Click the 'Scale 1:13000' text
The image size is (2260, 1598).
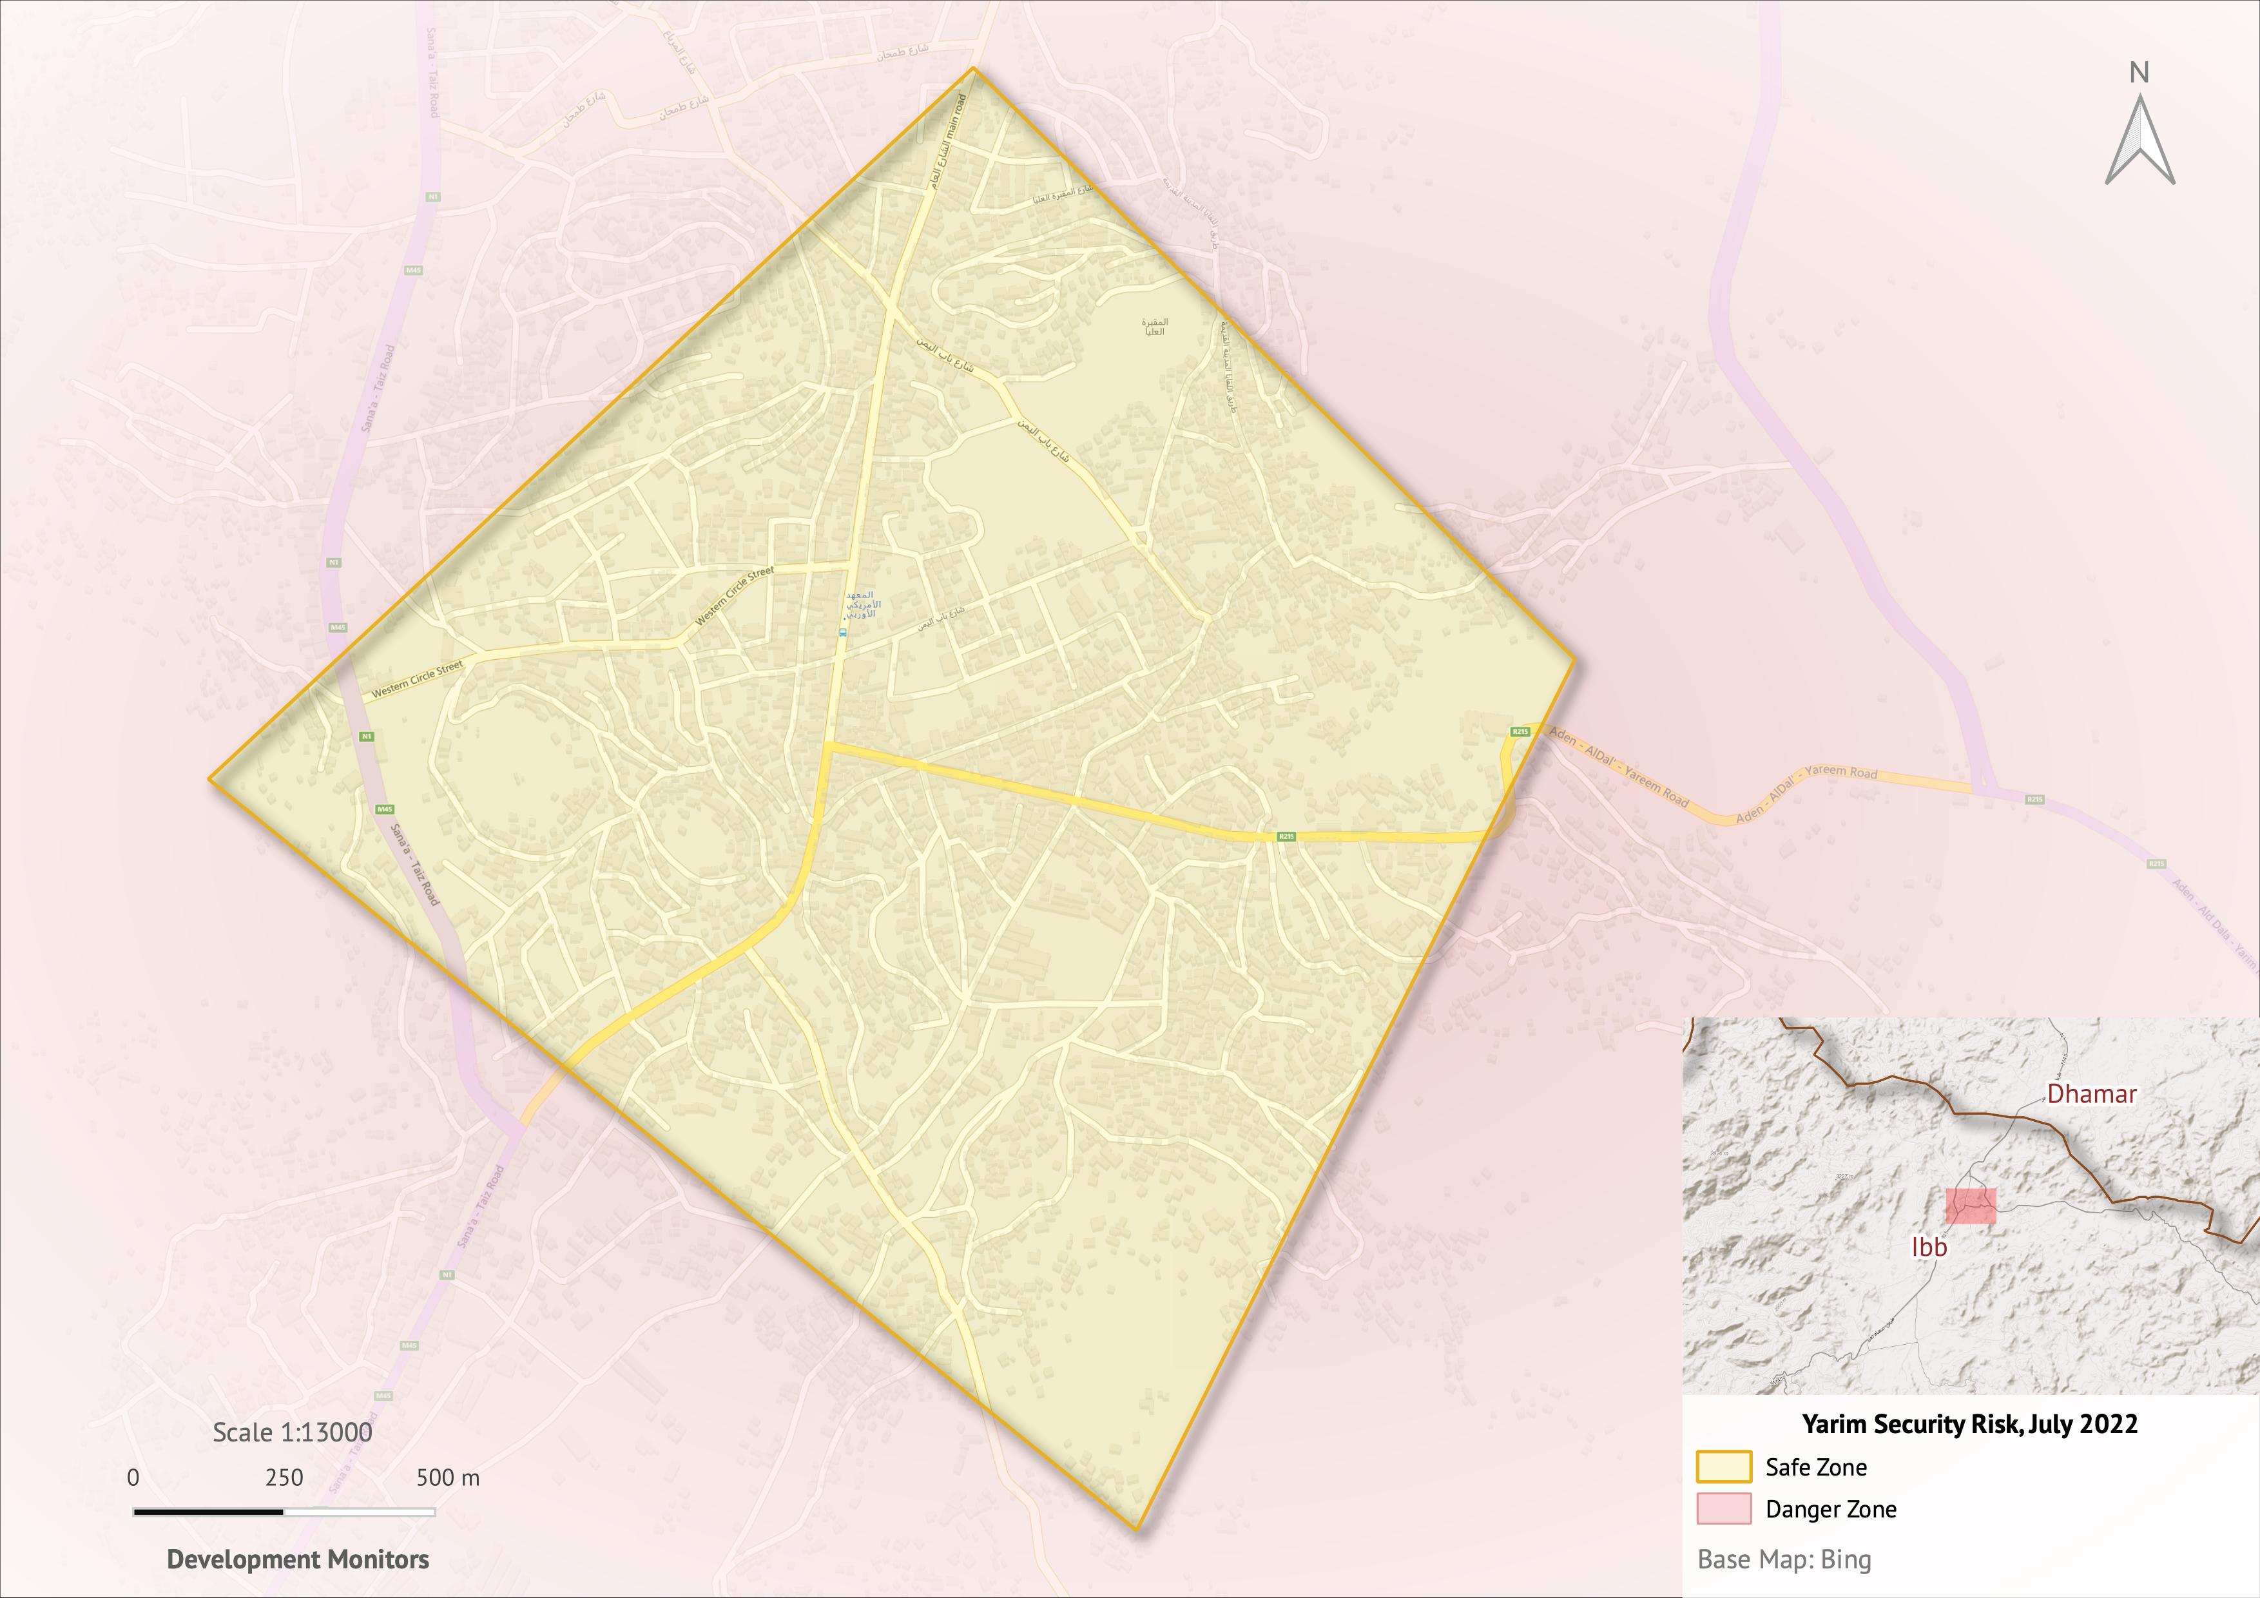[x=293, y=1432]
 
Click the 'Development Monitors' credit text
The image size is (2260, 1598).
[x=297, y=1559]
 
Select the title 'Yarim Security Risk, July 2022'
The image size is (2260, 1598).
[x=1969, y=1424]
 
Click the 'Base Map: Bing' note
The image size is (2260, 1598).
[x=1784, y=1559]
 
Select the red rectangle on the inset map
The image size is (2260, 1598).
[x=1971, y=1206]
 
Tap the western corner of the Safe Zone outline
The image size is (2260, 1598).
[x=209, y=779]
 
